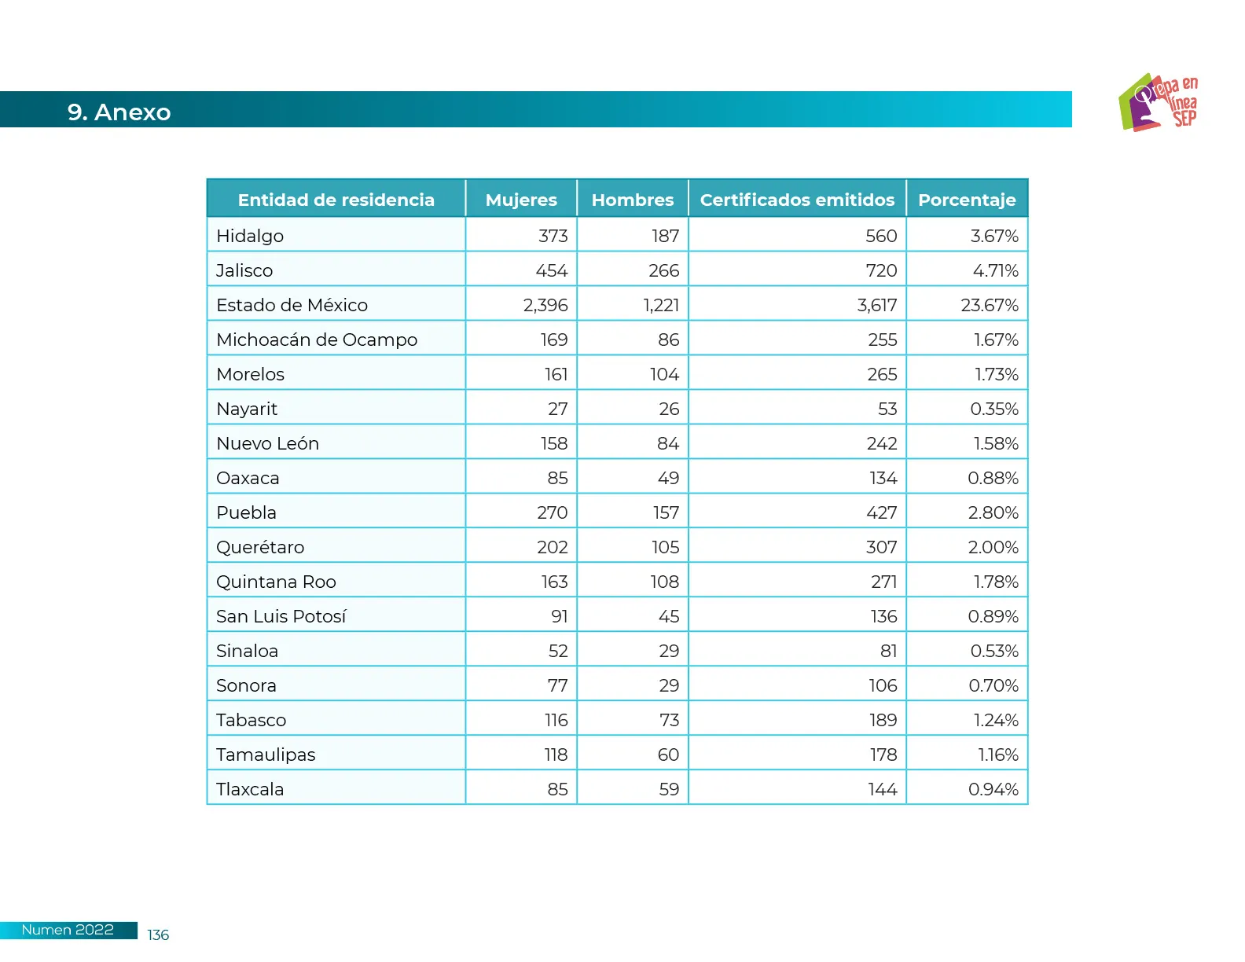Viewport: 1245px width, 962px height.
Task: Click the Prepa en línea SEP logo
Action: coord(1159,102)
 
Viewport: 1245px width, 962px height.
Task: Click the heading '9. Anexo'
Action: coord(119,112)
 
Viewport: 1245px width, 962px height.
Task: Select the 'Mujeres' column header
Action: coord(521,200)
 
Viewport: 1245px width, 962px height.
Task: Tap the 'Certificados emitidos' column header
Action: coord(797,200)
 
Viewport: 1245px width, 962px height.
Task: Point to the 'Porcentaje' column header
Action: coord(967,200)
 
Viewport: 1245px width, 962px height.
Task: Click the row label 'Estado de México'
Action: coord(292,305)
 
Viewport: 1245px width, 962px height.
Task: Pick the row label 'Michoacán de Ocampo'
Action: coord(317,340)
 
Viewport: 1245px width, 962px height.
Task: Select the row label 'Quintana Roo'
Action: coord(276,582)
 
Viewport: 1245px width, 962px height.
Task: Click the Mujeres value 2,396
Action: coord(545,305)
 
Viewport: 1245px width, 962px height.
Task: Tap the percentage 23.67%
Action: coord(989,305)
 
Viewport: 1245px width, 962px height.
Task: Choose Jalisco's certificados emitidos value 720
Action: coord(881,270)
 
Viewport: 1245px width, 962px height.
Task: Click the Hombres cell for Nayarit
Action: coord(669,409)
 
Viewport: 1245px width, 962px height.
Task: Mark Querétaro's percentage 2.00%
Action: coord(993,547)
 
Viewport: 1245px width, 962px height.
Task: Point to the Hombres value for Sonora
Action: coord(669,685)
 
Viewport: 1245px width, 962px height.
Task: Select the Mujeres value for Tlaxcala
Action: coord(557,789)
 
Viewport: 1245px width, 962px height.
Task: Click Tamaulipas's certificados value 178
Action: coord(883,755)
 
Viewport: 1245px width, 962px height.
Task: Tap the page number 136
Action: coord(158,934)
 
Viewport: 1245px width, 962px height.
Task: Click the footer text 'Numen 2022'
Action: coord(68,930)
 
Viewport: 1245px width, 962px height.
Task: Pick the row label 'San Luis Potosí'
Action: coord(281,616)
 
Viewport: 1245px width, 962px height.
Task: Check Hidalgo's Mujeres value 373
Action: coord(553,236)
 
